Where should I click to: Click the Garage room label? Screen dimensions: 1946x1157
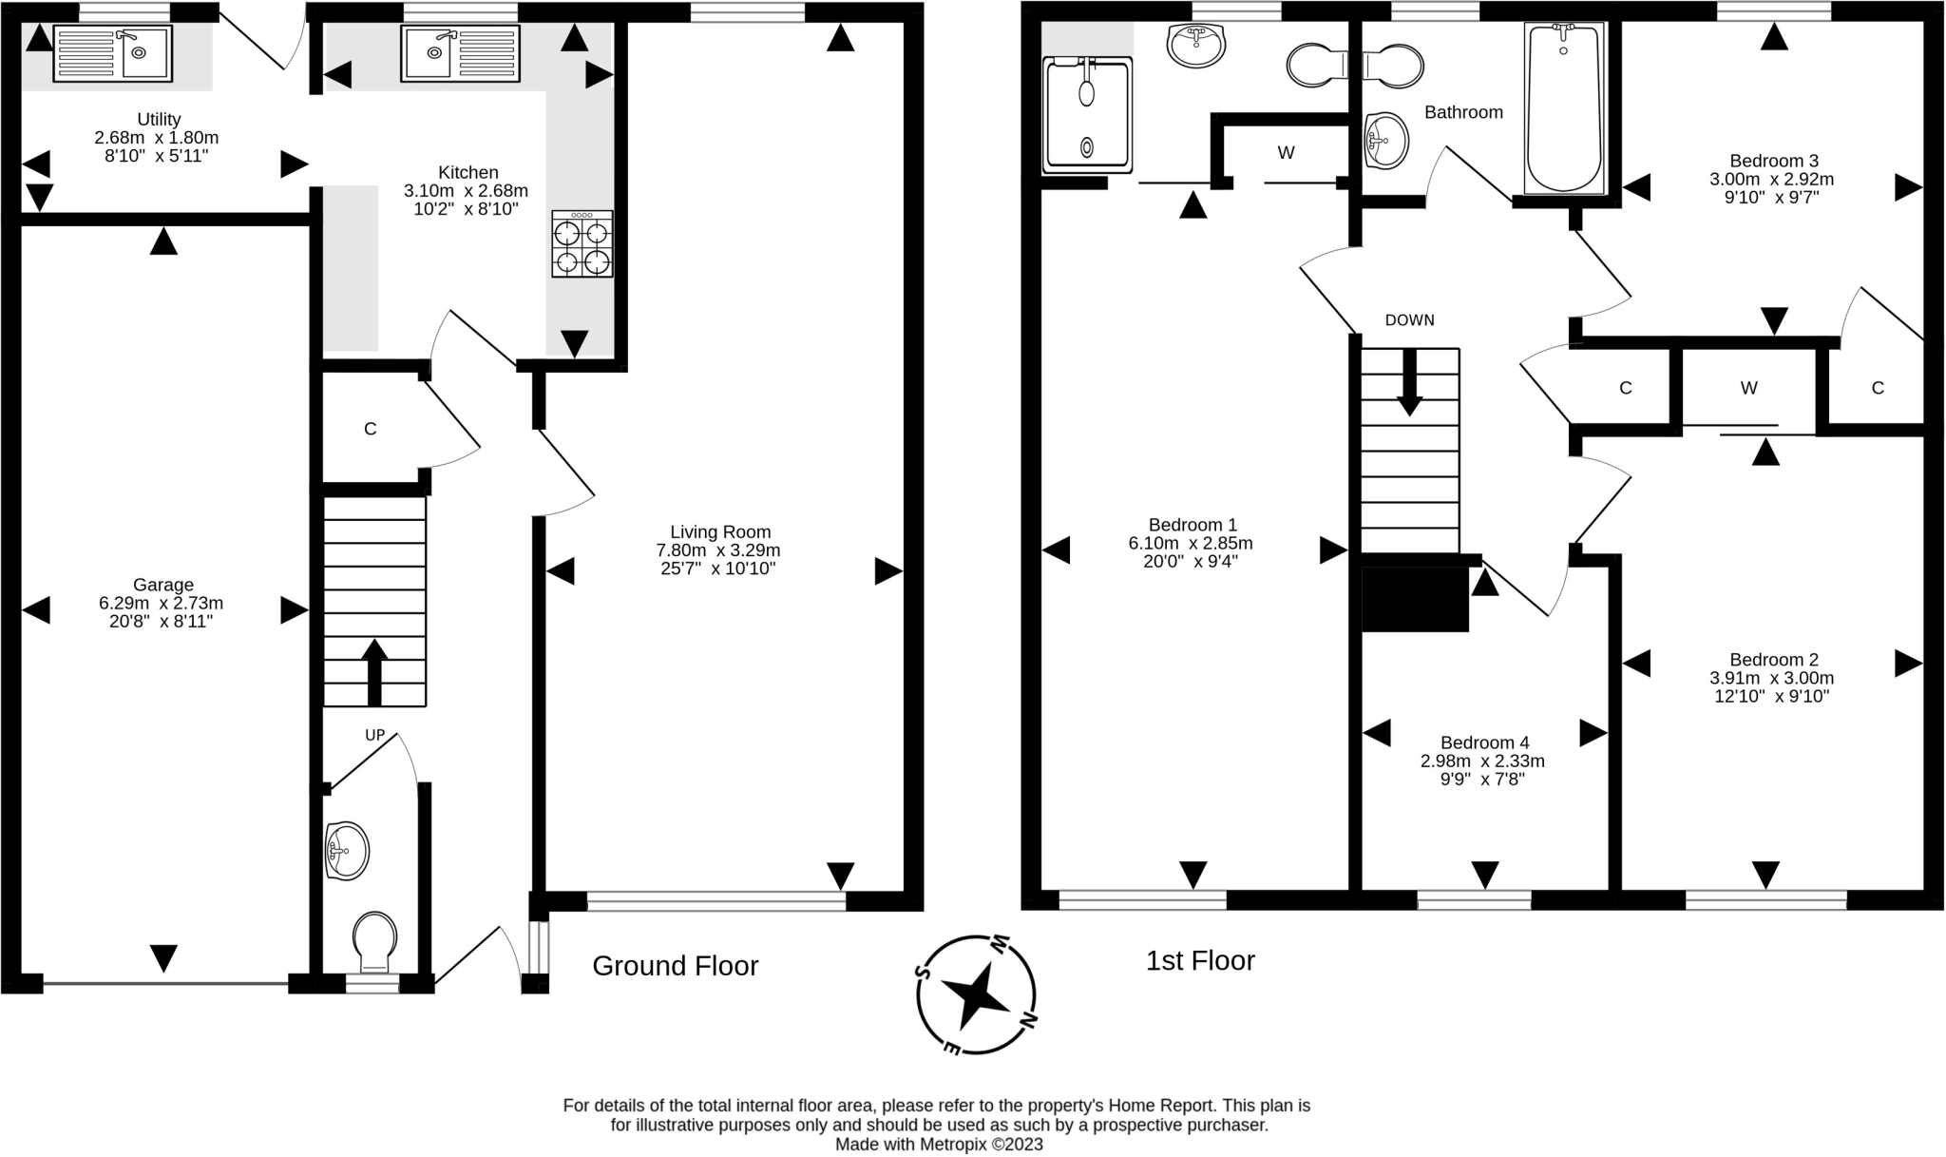(x=163, y=585)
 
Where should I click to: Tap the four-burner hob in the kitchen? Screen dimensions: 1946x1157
(x=582, y=244)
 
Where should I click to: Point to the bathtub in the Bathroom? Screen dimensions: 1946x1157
(x=1564, y=107)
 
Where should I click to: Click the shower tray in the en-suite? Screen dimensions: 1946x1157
(x=1088, y=115)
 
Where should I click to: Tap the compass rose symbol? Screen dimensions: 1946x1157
(x=976, y=995)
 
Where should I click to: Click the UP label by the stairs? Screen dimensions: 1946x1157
(x=375, y=735)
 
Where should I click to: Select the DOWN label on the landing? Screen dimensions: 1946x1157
(x=1409, y=320)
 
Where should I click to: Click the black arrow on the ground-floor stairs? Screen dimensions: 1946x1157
(x=374, y=672)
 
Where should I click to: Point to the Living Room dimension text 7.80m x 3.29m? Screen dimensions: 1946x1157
(x=718, y=550)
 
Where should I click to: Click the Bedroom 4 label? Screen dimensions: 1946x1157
(x=1484, y=742)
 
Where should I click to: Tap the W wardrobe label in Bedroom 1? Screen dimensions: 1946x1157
(x=1286, y=153)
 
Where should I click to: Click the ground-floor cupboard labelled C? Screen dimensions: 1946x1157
(x=371, y=429)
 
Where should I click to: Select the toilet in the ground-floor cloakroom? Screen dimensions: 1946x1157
(x=374, y=941)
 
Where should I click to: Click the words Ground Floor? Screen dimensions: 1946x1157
(x=676, y=966)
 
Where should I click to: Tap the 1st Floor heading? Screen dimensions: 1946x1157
(x=1200, y=960)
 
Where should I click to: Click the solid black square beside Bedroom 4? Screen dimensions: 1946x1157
(x=1416, y=599)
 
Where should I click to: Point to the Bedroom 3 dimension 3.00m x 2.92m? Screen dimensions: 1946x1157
(x=1772, y=179)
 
